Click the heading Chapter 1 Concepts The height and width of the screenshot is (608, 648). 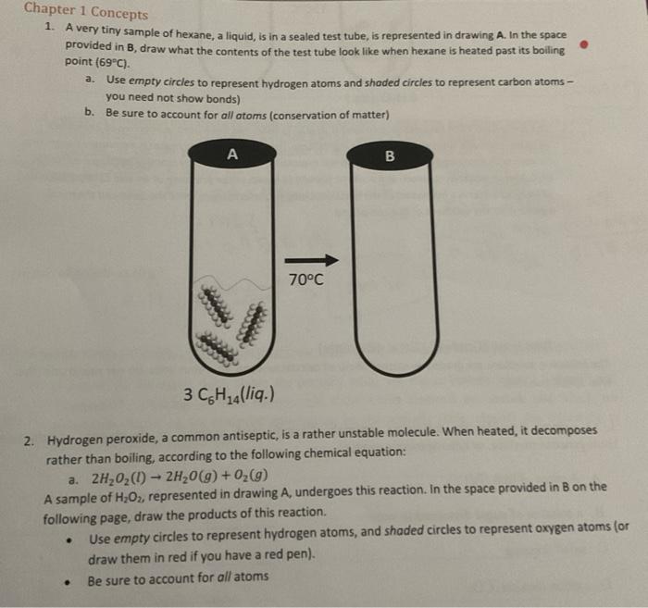pos(85,12)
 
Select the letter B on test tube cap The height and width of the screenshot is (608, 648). pos(389,155)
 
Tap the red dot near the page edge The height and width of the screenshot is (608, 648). pos(583,44)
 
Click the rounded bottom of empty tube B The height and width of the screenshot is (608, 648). pos(389,356)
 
